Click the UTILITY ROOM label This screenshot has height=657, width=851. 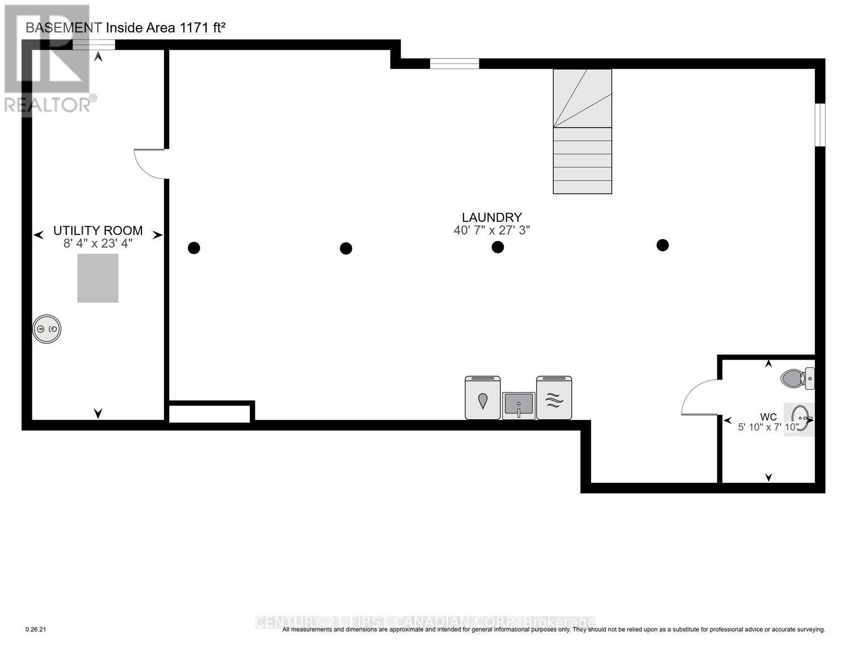click(x=98, y=230)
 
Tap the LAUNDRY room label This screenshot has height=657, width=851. click(x=492, y=217)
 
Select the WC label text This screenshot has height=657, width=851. click(x=768, y=417)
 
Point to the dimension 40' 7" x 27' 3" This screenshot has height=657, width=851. click(x=492, y=230)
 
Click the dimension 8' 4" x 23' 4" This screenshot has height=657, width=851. click(x=98, y=244)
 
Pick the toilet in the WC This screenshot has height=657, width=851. click(x=796, y=378)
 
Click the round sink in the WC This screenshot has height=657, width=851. click(x=800, y=419)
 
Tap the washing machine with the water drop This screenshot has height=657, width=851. click(x=482, y=398)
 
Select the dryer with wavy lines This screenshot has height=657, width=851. click(x=554, y=398)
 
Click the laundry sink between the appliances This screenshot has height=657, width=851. click(x=518, y=406)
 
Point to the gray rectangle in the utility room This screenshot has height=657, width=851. click(x=98, y=278)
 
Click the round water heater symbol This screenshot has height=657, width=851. click(x=47, y=329)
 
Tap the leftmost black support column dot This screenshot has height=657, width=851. click(x=193, y=248)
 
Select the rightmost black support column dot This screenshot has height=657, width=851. click(x=662, y=245)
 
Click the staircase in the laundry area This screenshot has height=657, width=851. click(x=582, y=131)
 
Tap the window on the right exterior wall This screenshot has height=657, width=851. click(x=819, y=125)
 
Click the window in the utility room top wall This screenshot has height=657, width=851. click(x=94, y=45)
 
